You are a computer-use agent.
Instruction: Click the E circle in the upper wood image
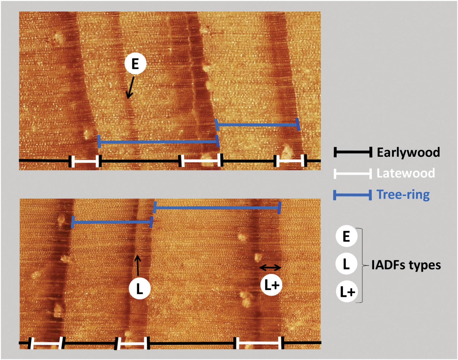click(135, 64)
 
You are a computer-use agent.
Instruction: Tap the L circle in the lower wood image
click(139, 288)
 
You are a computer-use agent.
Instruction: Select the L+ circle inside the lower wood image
click(271, 285)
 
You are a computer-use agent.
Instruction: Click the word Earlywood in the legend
click(408, 152)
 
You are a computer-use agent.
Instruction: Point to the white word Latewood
click(406, 173)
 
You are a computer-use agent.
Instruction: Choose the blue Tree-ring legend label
click(403, 194)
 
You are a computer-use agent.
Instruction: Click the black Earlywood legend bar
click(353, 152)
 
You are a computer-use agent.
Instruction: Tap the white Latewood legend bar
click(353, 173)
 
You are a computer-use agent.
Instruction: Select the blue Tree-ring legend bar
click(353, 195)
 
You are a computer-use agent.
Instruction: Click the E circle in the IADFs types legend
click(346, 236)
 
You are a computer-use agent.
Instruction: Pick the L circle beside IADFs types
click(346, 264)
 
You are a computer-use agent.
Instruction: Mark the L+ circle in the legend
click(347, 292)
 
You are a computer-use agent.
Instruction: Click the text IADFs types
click(406, 265)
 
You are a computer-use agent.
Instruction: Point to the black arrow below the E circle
click(130, 88)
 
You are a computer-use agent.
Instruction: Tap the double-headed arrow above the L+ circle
click(270, 268)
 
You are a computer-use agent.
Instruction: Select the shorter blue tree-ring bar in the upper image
click(257, 125)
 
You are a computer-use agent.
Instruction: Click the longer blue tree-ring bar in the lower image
click(217, 208)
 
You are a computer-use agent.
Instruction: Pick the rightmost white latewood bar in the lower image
click(259, 343)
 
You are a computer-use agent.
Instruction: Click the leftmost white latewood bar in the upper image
click(85, 161)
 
